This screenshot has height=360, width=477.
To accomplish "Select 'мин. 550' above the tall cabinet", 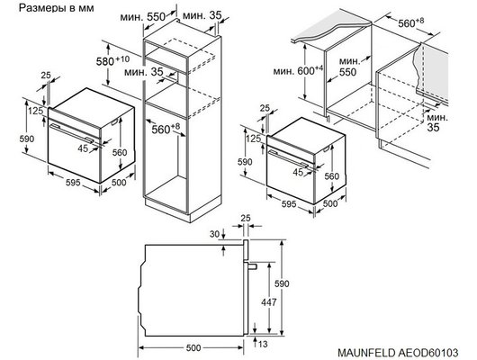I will click(x=162, y=16).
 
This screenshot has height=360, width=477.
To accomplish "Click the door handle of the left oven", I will click(x=81, y=127).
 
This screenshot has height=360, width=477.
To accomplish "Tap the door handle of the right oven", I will click(x=292, y=157).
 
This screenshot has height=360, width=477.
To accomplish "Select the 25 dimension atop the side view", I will click(x=247, y=218).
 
